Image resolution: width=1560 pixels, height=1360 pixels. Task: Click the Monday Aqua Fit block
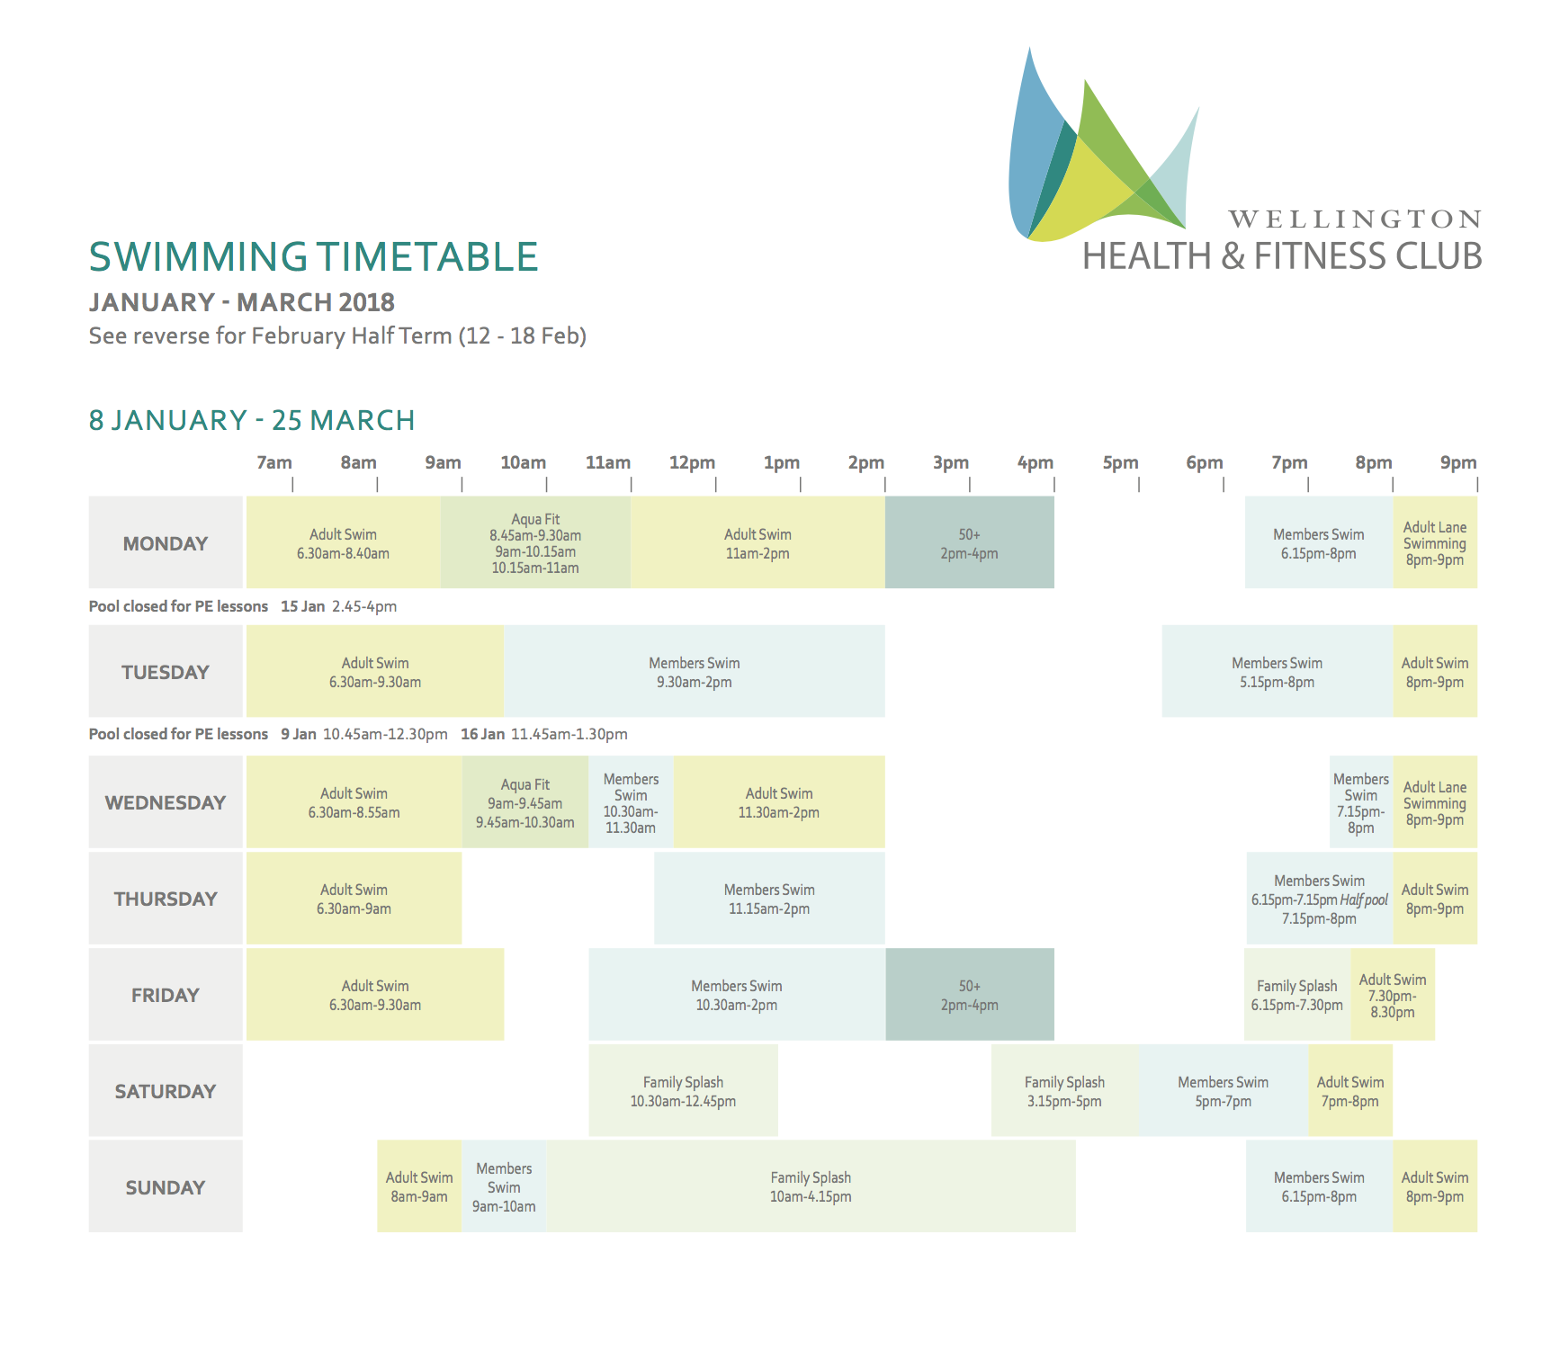tap(535, 542)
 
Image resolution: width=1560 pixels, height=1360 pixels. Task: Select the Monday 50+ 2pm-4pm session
tap(970, 542)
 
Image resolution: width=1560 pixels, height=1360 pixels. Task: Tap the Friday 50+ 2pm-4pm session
tap(970, 995)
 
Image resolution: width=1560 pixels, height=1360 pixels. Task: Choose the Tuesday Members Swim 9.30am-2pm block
tap(695, 671)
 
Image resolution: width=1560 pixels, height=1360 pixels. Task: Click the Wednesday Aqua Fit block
tap(525, 802)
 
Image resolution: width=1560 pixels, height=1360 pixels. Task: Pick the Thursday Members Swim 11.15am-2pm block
tap(769, 898)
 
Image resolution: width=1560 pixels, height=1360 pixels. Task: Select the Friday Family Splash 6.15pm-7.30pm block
tap(1297, 995)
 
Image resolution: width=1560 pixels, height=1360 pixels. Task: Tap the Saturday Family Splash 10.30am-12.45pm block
tap(684, 1090)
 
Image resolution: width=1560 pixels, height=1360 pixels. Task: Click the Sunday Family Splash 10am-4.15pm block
tap(811, 1186)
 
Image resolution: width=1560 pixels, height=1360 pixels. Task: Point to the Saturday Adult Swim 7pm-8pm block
tap(1350, 1090)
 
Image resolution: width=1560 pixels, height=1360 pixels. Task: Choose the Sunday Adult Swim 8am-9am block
tap(419, 1186)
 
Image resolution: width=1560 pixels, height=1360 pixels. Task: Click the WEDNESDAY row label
tap(166, 802)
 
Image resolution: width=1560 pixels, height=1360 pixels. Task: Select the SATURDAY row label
tap(166, 1091)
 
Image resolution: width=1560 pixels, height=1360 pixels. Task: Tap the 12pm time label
tap(692, 462)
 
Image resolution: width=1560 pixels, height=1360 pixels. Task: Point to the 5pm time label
tap(1120, 462)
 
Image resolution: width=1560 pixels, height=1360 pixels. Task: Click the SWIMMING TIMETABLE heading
tap(313, 256)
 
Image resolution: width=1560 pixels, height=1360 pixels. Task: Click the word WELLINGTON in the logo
tap(1355, 219)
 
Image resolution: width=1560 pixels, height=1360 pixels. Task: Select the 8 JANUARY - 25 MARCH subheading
tap(252, 420)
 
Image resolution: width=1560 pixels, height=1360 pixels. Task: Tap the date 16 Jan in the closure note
tap(483, 734)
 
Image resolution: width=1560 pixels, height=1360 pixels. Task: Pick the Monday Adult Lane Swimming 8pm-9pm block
tap(1435, 542)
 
